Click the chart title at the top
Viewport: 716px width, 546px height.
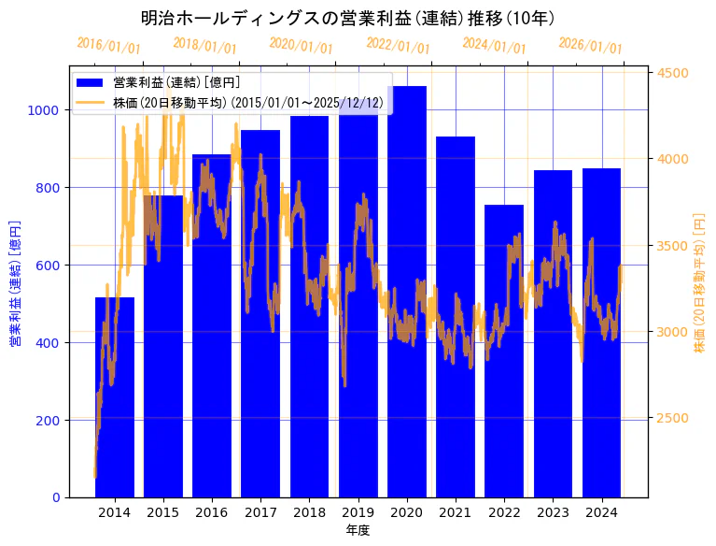[348, 18]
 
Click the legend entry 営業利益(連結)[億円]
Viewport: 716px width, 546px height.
[176, 83]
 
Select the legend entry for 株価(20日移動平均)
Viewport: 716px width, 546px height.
[247, 102]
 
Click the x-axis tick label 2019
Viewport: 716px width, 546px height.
[358, 512]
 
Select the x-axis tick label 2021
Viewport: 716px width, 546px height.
[456, 512]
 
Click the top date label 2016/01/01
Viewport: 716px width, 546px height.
[109, 45]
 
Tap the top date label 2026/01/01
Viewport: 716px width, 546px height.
[590, 46]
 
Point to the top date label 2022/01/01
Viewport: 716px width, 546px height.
[398, 46]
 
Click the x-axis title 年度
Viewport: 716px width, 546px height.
[358, 530]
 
